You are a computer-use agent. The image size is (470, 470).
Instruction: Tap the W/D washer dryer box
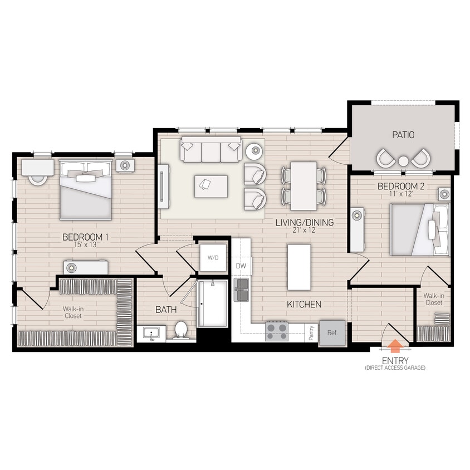point(213,257)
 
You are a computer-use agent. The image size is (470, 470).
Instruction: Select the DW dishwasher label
point(241,266)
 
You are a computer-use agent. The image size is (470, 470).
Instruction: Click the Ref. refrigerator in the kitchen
point(332,333)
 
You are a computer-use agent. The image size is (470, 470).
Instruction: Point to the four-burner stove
point(277,332)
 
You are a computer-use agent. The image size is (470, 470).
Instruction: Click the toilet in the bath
point(180,330)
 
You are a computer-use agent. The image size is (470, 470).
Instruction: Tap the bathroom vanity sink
point(151,334)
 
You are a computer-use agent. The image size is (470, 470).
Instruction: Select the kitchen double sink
point(242,290)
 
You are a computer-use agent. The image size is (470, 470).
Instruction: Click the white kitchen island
point(298,267)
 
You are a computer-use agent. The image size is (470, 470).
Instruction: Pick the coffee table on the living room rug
point(210,185)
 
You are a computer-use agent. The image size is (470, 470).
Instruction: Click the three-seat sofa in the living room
point(210,150)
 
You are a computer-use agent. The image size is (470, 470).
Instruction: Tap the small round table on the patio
point(403,161)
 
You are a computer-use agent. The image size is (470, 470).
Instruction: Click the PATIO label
point(403,135)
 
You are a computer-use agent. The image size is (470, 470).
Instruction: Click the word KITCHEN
point(303,305)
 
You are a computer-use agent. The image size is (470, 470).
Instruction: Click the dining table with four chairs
point(303,185)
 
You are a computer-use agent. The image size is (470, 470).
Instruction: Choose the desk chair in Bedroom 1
point(38,179)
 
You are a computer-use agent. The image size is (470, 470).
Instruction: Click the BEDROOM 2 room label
point(401,186)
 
